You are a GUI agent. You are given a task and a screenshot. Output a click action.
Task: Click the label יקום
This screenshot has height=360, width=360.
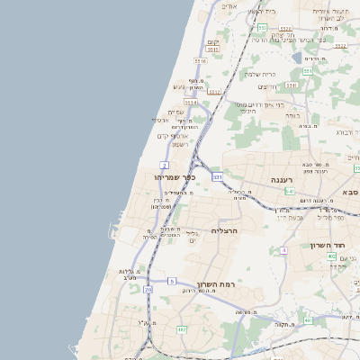[212, 40]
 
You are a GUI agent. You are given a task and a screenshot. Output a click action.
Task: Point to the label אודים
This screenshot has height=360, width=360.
[229, 6]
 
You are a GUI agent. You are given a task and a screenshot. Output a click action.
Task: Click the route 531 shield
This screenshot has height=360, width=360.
[217, 177]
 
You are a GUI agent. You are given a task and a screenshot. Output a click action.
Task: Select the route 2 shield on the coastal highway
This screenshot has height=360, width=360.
[164, 165]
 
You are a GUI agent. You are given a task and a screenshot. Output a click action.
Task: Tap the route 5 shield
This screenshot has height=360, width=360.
[172, 281]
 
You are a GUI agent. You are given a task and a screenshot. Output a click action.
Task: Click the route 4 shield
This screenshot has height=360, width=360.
[284, 249]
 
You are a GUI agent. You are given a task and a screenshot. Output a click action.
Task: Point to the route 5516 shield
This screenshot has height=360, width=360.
[201, 60]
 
